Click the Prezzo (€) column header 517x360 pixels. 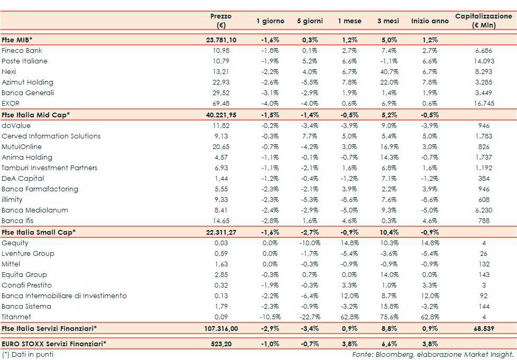[x=221, y=21]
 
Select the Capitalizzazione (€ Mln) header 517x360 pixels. [x=483, y=21]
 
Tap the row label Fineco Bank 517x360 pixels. [x=22, y=51]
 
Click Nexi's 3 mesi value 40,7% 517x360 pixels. [x=389, y=72]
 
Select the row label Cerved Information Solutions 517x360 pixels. [x=51, y=136]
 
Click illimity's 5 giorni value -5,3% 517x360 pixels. [x=310, y=199]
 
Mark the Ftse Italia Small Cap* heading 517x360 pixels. [x=39, y=232]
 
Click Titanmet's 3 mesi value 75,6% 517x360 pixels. [x=389, y=317]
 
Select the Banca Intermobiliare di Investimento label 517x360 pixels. [x=64, y=296]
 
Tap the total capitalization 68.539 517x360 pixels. [x=483, y=328]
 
